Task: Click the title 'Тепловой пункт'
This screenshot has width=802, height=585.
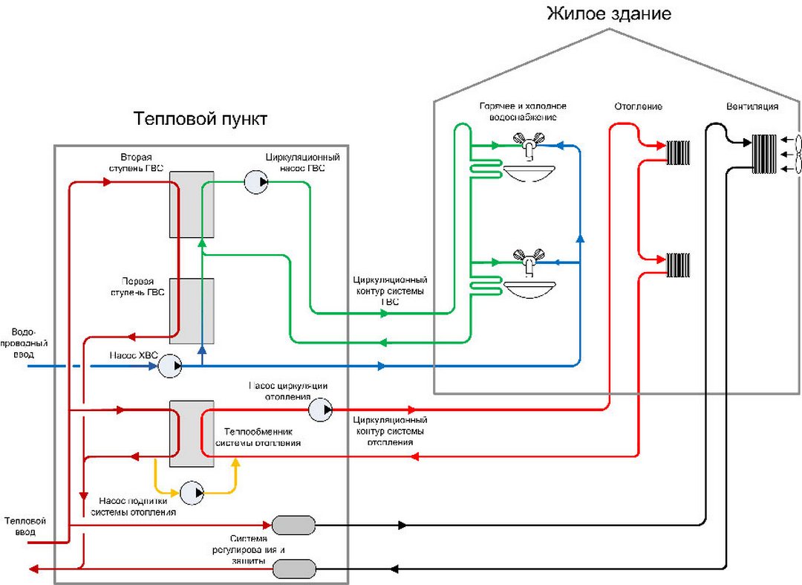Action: coord(200,119)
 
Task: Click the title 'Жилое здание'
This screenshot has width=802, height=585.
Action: coord(609,13)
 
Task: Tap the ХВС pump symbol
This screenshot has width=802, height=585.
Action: coord(170,366)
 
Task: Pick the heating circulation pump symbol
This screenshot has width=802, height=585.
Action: coord(320,410)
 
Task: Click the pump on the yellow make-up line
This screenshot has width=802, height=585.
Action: coord(191,491)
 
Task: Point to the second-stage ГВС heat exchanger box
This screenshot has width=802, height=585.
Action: coord(192,204)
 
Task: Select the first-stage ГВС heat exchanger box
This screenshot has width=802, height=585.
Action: coord(192,311)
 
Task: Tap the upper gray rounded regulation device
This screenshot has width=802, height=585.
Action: coord(294,526)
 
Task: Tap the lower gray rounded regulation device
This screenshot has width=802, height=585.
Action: coord(294,570)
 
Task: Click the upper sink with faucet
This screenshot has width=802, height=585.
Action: coord(529,159)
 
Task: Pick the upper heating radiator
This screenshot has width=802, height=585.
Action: coord(678,152)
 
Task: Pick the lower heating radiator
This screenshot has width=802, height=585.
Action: coord(678,265)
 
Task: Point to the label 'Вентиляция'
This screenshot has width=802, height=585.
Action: coord(752,107)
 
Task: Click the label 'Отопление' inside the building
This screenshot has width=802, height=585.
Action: coord(638,107)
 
